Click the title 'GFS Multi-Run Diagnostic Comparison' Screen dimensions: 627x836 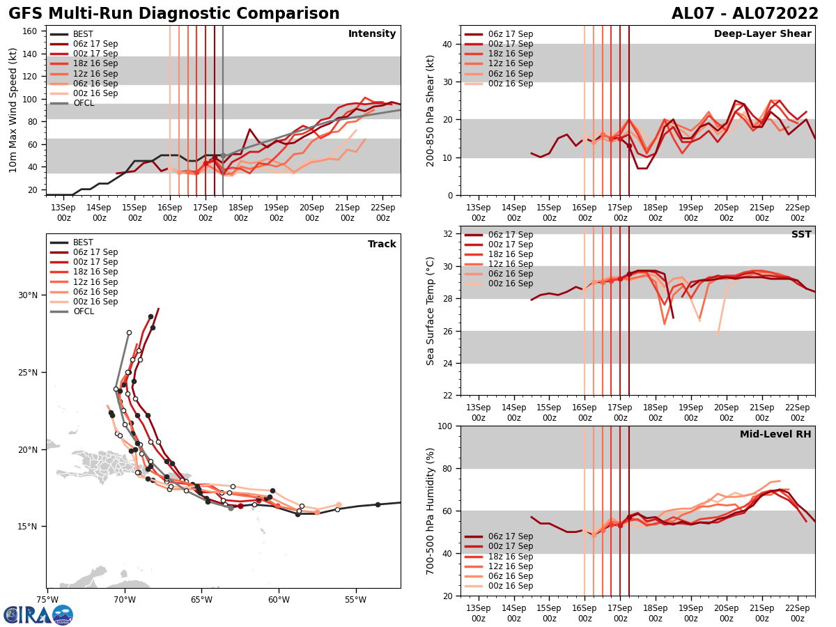pyautogui.click(x=174, y=14)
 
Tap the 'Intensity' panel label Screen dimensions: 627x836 pyautogui.click(x=372, y=34)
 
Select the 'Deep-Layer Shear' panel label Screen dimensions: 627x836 pyautogui.click(x=762, y=34)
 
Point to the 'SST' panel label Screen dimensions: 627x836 pyautogui.click(x=801, y=235)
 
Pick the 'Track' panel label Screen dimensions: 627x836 pyautogui.click(x=382, y=245)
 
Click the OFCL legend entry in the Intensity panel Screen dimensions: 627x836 pyautogui.click(x=84, y=103)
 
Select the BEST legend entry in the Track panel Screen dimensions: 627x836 pyautogui.click(x=83, y=242)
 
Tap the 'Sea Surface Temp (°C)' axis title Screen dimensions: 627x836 pyautogui.click(x=431, y=311)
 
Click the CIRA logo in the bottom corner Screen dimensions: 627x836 pyautogui.click(x=38, y=614)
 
